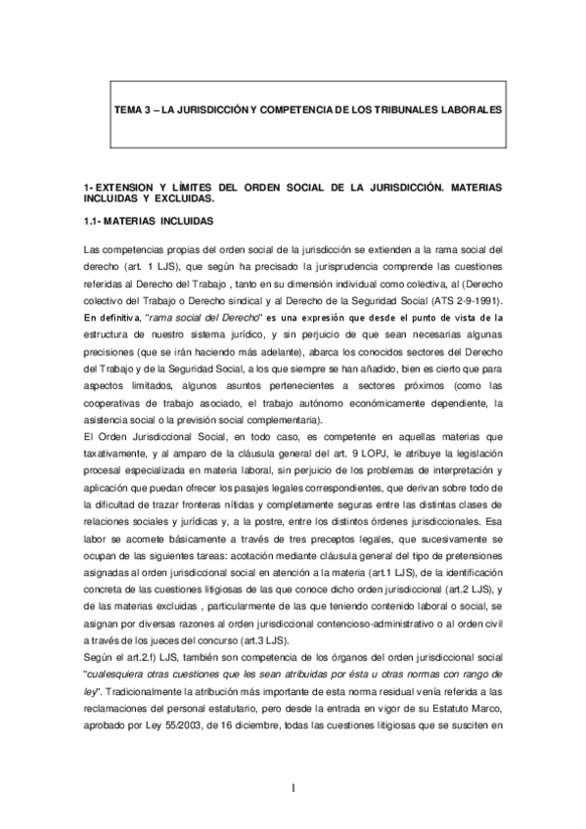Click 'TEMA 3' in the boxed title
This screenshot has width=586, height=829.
(132, 109)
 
